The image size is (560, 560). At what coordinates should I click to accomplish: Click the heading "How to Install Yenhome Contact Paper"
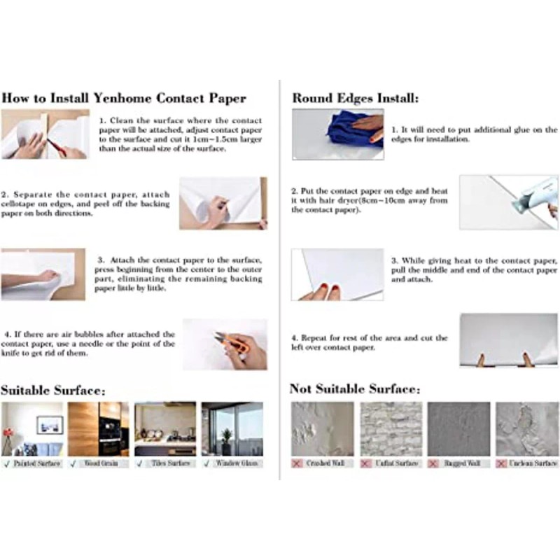[x=123, y=98]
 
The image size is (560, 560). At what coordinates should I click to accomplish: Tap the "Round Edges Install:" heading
[x=356, y=99]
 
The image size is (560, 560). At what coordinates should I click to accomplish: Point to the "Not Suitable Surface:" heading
[x=355, y=388]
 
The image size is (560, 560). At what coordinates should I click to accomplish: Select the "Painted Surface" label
[x=36, y=463]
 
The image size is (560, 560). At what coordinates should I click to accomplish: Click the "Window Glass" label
[x=237, y=463]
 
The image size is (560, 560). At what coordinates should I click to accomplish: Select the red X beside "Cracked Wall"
[x=297, y=463]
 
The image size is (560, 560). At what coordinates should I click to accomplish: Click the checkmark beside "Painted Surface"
[x=6, y=463]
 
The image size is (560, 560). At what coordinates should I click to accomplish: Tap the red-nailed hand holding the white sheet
[x=321, y=288]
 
